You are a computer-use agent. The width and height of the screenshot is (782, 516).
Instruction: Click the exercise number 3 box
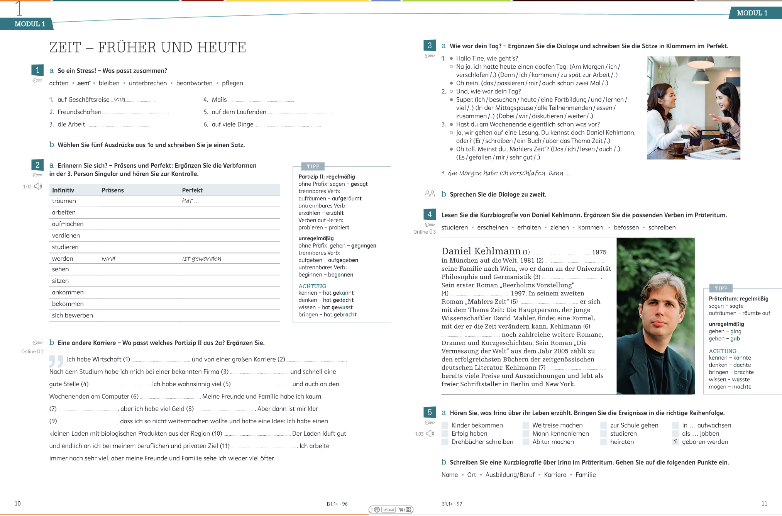tap(429, 46)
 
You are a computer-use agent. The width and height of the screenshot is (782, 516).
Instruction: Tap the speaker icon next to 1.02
tap(38, 187)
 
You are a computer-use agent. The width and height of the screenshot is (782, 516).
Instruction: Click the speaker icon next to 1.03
tap(430, 434)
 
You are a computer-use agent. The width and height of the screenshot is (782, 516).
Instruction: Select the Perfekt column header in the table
tap(192, 190)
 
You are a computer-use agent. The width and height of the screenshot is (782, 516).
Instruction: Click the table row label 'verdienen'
tap(66, 236)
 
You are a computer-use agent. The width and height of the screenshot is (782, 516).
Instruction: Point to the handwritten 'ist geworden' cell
tap(201, 258)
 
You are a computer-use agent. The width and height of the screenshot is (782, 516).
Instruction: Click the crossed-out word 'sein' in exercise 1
tap(83, 83)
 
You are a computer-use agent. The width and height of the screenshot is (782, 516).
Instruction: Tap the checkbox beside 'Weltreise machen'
tap(526, 425)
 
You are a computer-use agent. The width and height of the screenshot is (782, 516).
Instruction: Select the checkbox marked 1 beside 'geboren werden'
tap(675, 442)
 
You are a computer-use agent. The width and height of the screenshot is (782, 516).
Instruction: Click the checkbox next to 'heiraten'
tap(604, 442)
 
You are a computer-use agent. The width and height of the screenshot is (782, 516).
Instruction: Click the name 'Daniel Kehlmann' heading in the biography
tap(481, 251)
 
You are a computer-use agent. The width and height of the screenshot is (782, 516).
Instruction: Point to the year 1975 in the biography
tap(599, 252)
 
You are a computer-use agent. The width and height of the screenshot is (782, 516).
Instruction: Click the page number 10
tap(18, 503)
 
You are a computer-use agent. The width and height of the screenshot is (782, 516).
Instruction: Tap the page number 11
tap(764, 503)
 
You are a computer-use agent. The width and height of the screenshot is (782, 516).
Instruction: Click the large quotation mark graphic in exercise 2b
tap(56, 361)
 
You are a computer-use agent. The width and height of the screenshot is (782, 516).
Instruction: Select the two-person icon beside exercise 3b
tap(430, 193)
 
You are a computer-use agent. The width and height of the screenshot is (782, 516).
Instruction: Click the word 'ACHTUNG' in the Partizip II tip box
tap(312, 286)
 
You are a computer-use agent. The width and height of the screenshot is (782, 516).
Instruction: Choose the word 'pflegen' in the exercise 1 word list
tap(232, 83)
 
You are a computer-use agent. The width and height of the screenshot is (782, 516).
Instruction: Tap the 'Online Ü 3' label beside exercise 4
tap(424, 232)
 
